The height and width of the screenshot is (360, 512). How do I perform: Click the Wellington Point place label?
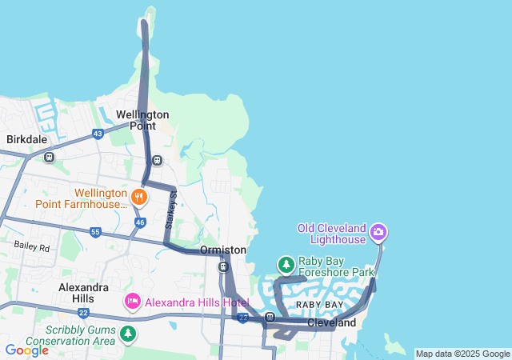(142, 120)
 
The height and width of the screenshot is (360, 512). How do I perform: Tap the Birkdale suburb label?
(27, 139)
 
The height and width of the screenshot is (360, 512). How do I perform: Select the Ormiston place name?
(223, 250)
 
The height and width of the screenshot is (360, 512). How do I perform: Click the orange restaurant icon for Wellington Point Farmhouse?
(139, 196)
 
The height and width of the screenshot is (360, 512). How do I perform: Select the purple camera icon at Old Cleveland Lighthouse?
(378, 234)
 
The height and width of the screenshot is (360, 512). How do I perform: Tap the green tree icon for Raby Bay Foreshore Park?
(286, 264)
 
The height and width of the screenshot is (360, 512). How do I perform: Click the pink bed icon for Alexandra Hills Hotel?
(133, 302)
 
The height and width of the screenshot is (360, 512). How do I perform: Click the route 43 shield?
(98, 134)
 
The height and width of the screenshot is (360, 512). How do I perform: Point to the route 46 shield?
(140, 222)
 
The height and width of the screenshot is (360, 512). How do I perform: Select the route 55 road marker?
(95, 233)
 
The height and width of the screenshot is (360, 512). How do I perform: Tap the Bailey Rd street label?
(32, 247)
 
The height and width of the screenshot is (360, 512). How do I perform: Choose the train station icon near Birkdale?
(50, 158)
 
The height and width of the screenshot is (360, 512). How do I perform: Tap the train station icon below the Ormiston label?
(223, 267)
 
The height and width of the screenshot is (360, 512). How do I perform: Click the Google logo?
(26, 350)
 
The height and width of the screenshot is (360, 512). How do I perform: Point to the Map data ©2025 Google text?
(462, 354)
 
